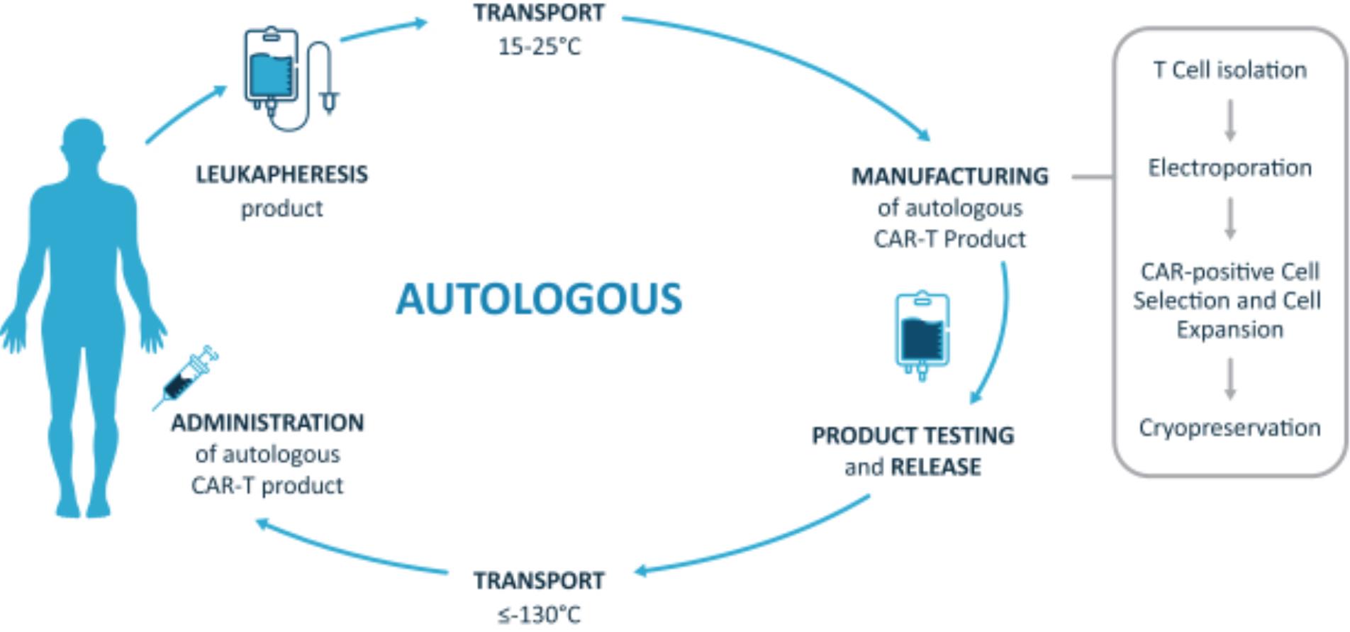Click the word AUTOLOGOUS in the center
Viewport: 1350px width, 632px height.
click(x=539, y=299)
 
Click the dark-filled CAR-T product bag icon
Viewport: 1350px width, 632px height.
click(x=922, y=335)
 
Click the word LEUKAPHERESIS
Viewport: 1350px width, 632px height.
click(x=281, y=174)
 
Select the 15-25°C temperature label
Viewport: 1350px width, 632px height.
click(x=539, y=47)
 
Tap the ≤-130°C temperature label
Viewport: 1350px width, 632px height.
click(x=539, y=614)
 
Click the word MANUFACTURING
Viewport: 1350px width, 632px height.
click(x=949, y=176)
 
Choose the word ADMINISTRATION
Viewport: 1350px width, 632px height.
click(x=267, y=423)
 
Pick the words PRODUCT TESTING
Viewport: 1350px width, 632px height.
click(x=913, y=435)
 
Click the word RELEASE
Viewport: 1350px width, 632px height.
click(x=936, y=467)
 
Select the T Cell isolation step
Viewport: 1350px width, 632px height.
click(x=1229, y=70)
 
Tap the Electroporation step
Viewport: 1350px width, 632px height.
click(x=1229, y=168)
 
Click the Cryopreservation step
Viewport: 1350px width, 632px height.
click(x=1229, y=428)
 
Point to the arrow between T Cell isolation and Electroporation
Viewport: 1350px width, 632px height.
click(x=1230, y=120)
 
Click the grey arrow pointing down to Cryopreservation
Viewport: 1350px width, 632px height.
click(x=1230, y=379)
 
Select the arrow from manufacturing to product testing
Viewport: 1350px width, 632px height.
click(x=999, y=333)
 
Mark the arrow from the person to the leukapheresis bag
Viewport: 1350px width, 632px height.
click(x=186, y=114)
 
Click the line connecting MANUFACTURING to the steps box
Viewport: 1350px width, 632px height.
click(x=1092, y=177)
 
